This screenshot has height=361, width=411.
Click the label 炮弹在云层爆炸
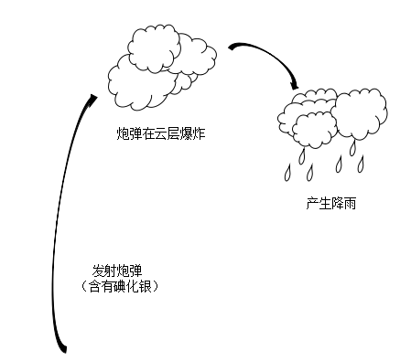coord(159,134)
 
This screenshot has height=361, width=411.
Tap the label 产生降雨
coord(330,203)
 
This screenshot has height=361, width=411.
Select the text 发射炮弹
coord(118,271)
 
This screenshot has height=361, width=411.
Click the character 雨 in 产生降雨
coord(350,203)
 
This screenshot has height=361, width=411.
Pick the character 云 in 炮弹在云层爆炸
coord(159,134)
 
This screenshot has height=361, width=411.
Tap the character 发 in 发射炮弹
coord(98,271)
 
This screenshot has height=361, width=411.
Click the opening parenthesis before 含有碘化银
coord(85,287)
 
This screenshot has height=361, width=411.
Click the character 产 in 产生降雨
coord(311,203)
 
